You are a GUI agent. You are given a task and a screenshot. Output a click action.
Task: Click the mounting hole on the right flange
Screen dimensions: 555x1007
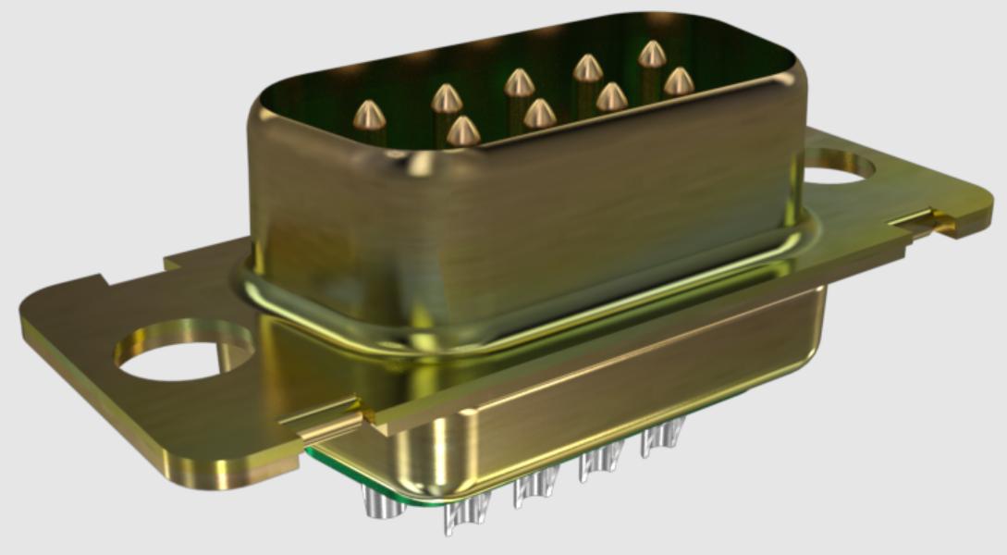[x=838, y=167]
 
